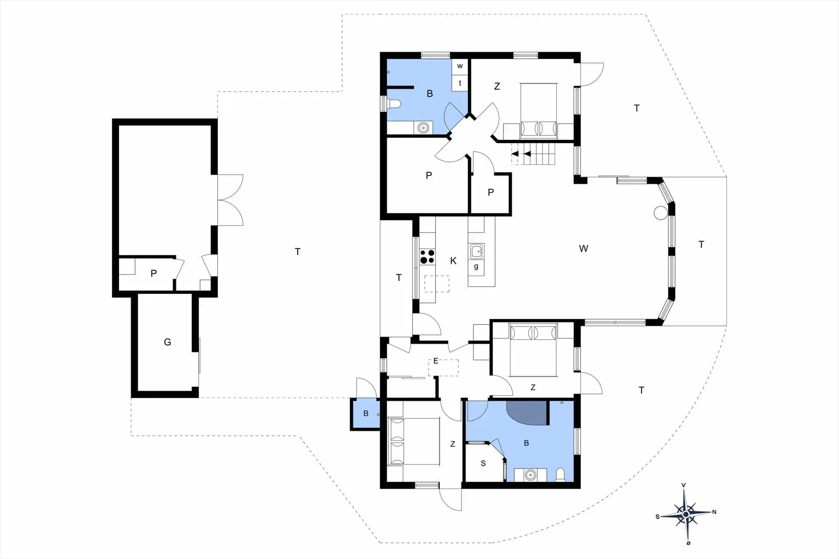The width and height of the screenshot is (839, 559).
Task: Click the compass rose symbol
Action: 686,514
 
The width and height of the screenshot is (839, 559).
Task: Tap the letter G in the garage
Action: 167,342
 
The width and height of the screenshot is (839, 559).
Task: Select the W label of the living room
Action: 583,248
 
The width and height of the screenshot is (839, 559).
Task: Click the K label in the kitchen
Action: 453,261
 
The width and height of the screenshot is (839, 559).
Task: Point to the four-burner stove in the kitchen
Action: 427,256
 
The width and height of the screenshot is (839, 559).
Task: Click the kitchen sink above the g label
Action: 476,252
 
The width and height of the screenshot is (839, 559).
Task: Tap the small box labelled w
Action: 460,66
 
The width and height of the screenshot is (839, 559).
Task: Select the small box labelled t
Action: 460,83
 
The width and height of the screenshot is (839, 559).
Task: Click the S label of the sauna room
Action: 483,463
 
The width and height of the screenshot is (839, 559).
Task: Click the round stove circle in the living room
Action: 661,213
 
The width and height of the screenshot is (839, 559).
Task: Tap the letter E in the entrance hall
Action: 436,361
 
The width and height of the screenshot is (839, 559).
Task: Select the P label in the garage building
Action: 153,273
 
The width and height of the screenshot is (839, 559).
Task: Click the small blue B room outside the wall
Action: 365,413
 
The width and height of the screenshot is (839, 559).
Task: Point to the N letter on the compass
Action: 714,512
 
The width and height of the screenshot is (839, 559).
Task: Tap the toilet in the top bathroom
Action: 394,104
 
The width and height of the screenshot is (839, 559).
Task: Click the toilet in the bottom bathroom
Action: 560,475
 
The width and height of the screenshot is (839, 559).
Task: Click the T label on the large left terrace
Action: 298,252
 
